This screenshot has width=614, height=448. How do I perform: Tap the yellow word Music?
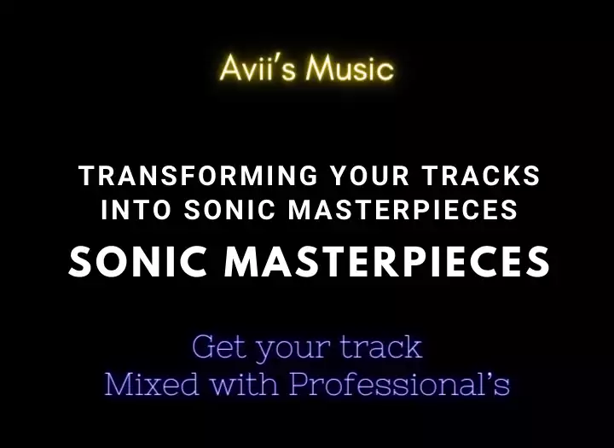coord(350,67)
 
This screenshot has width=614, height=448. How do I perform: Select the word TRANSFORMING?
coord(199,176)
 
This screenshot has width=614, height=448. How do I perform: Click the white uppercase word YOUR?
coord(369,176)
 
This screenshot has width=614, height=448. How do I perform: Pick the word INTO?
coord(136,209)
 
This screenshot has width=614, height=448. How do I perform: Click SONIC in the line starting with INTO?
coord(230,209)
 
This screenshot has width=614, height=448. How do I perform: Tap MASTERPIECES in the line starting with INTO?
coord(403,209)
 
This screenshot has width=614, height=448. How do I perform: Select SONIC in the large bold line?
coord(138,262)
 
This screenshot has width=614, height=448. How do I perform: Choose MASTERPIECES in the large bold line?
coord(387,262)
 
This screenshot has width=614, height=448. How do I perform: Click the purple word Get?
coord(220,346)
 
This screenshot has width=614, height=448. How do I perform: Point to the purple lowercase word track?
coord(381,346)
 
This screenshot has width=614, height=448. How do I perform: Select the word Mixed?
coord(151,383)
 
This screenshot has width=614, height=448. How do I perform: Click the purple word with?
coord(245,383)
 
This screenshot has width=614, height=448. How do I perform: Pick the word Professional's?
coord(400,383)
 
